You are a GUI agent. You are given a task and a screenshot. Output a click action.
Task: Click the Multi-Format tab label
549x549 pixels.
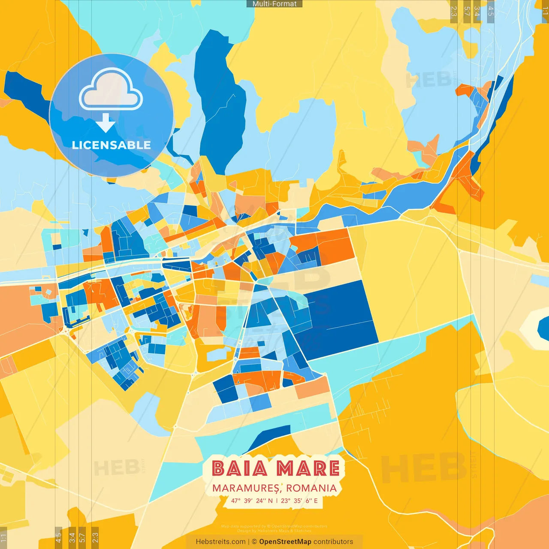[274, 4]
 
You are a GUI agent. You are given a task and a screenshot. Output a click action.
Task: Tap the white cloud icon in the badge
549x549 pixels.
[111, 89]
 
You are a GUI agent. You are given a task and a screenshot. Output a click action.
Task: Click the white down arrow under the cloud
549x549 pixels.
[106, 123]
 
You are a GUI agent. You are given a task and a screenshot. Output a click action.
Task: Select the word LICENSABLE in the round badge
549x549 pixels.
[111, 145]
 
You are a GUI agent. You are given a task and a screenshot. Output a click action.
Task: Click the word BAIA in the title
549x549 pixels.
[240, 468]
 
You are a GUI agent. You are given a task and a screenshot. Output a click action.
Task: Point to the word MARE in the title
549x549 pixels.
[308, 468]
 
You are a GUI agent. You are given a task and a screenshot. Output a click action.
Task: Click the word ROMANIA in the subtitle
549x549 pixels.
[311, 488]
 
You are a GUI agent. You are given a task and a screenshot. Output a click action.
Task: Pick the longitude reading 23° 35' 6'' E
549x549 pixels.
[299, 501]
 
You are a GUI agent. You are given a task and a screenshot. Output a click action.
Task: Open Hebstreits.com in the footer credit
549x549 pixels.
[220, 542]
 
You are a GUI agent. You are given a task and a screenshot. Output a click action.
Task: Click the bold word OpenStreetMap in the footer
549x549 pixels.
[285, 542]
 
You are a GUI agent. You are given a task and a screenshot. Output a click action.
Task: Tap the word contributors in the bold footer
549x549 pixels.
[333, 542]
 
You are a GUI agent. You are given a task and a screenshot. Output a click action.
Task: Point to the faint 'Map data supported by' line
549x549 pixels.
[274, 526]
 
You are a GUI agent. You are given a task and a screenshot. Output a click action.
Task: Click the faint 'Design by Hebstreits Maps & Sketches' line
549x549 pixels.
[274, 531]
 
